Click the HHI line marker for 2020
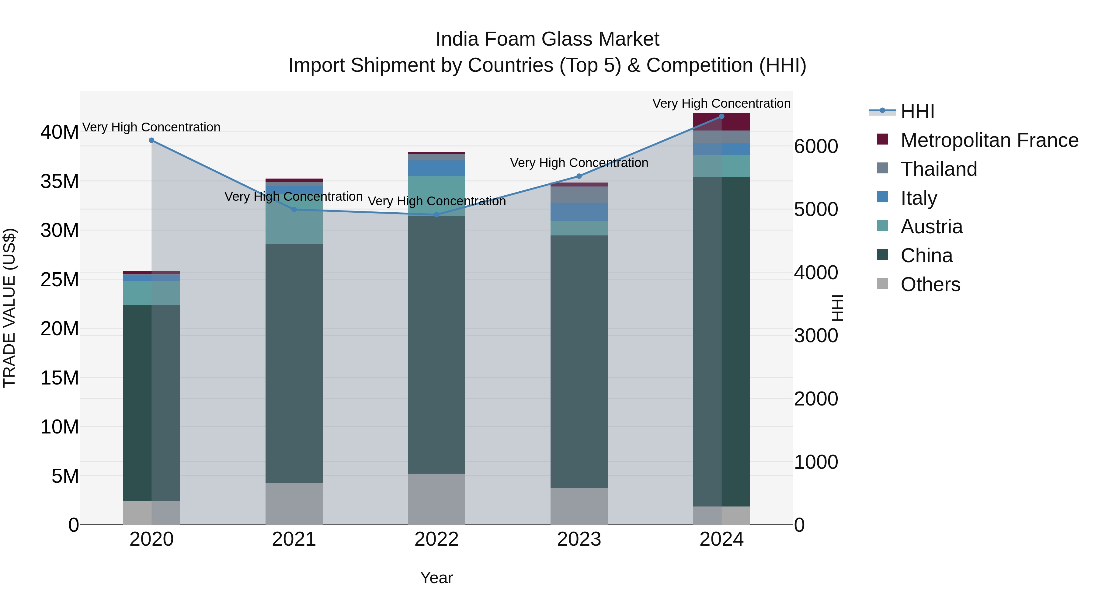[x=151, y=140]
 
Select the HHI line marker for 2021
[x=294, y=210]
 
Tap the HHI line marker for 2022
[x=436, y=215]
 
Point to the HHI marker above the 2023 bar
[x=579, y=176]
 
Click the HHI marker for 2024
[x=721, y=117]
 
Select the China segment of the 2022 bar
[x=436, y=344]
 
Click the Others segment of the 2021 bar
[x=294, y=504]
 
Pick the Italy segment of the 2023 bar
[x=579, y=212]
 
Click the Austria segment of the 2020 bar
[x=151, y=293]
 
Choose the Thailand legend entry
[x=939, y=169]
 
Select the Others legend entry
[x=930, y=284]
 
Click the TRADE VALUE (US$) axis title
[x=10, y=308]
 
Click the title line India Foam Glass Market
[x=547, y=39]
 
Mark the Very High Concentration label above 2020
[x=151, y=127]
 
